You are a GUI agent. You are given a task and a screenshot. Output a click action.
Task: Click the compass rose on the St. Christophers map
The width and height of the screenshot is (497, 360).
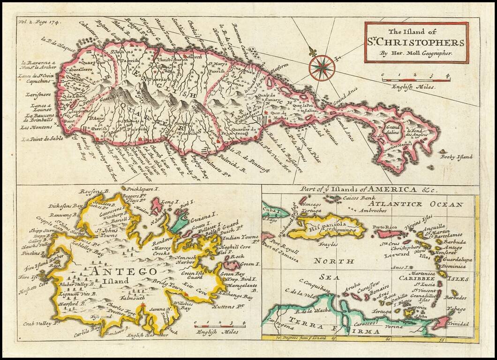click(x=322, y=68)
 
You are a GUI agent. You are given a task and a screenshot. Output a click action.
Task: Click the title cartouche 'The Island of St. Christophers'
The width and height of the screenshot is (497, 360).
click(x=416, y=43)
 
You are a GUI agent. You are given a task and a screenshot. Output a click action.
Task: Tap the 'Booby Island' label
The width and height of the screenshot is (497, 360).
click(x=457, y=157)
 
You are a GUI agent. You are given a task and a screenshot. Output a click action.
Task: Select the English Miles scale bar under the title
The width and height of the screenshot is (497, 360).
click(x=415, y=80)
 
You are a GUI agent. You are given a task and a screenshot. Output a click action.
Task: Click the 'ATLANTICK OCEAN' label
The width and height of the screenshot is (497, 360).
click(x=415, y=204)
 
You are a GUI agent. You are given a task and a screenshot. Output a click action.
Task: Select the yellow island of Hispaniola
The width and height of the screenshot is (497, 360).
click(x=328, y=227)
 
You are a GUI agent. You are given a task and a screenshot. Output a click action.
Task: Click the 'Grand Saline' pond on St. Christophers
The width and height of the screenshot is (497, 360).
click(x=394, y=130)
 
